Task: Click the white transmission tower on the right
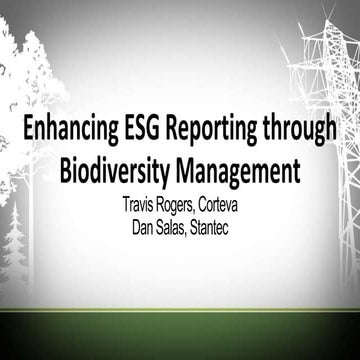pos(322,110)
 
